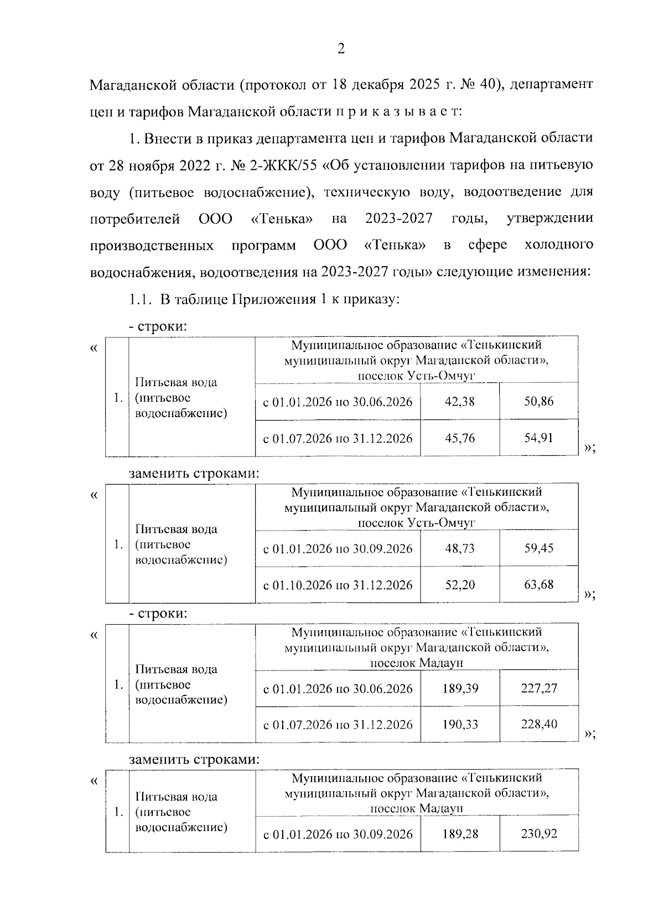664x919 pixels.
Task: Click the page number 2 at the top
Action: [341, 49]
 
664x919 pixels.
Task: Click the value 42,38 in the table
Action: [459, 402]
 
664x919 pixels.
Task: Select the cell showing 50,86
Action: [538, 402]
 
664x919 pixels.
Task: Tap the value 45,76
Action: [459, 438]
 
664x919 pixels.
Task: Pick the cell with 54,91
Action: [538, 438]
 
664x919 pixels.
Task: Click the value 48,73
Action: [459, 548]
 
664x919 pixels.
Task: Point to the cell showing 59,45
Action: [538, 548]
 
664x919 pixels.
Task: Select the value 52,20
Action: [459, 584]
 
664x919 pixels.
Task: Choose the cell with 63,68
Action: [538, 584]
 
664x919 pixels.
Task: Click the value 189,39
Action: [460, 688]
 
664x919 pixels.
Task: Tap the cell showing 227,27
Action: [538, 688]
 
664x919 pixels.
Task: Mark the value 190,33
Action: [460, 724]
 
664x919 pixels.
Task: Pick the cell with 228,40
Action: [538, 724]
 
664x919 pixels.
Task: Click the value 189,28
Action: [460, 833]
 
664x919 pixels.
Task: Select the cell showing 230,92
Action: [538, 833]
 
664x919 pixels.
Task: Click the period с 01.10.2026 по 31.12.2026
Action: [338, 585]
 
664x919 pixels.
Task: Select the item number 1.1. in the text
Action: [140, 299]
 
